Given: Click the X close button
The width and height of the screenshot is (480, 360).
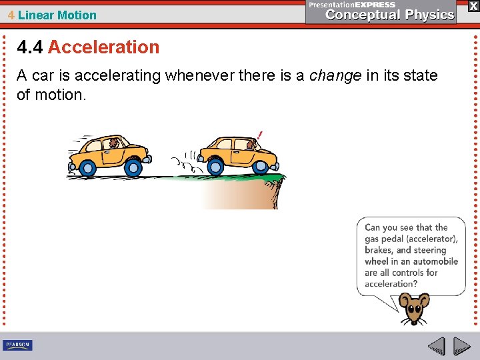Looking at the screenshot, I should point(473,5).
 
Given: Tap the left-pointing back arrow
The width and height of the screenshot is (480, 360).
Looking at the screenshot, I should point(436,346).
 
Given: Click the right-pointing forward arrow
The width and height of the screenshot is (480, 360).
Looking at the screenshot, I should point(462,346).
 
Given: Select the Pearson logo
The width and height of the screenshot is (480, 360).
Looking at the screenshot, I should point(17,345).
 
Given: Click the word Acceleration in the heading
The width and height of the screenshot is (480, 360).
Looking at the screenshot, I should point(104,47).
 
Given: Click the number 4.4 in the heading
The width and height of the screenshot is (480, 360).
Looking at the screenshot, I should point(31,47).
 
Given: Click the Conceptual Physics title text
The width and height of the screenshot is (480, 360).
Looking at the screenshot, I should point(390,15).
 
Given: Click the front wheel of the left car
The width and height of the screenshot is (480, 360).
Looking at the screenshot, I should point(133,167).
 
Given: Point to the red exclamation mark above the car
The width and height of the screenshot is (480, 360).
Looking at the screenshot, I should point(259,134).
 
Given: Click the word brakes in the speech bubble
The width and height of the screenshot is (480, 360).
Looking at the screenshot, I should point(379,250).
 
